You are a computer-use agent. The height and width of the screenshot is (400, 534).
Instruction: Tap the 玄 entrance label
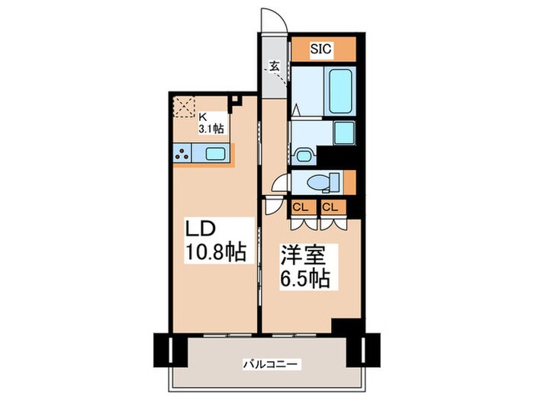[273, 68]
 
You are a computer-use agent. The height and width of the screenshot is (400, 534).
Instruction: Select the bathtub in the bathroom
[338, 91]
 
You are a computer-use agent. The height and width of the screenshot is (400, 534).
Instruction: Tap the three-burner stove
[184, 153]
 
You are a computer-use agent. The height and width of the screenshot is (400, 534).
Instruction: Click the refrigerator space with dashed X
[185, 108]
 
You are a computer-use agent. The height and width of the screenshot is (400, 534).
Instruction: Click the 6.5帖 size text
[303, 279]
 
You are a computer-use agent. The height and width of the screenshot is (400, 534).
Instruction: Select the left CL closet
[301, 206]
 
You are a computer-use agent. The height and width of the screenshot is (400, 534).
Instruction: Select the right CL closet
[330, 206]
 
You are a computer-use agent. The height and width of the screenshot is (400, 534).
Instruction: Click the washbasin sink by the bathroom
[304, 156]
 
